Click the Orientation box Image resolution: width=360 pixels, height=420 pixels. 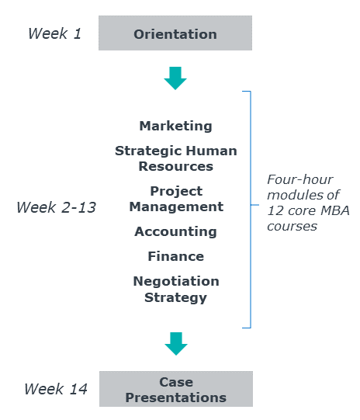pos(175,33)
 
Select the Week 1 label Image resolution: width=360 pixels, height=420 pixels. pos(54,33)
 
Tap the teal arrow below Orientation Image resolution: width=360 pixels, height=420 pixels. pos(175,78)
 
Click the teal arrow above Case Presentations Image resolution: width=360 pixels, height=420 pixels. pos(176,344)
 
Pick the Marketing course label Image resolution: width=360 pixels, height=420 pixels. pos(175,127)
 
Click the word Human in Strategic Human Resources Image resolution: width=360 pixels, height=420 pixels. pos(212,151)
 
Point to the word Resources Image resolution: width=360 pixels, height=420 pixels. pos(176,166)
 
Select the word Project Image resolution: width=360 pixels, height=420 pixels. pos(176,192)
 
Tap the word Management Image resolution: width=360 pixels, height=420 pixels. pos(176,207)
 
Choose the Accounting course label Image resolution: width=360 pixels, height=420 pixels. pos(175,231)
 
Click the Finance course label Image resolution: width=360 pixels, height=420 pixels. pos(176,256)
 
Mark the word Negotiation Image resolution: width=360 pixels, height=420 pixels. pos(176,282)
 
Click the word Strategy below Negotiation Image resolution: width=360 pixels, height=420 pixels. pos(175,298)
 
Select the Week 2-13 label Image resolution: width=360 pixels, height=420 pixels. pos(56,207)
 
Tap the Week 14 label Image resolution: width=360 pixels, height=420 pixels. pos(56,389)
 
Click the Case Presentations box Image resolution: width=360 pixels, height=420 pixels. pos(176,389)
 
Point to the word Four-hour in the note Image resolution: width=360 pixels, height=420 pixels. pos(300,179)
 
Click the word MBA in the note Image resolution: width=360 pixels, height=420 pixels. pos(335,210)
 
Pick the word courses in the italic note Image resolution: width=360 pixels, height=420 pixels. pos(292,227)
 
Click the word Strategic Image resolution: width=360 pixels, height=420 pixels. pos(149,151)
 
